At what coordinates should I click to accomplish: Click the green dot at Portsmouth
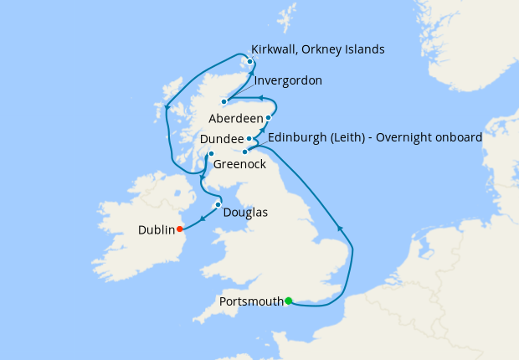pos(288,301)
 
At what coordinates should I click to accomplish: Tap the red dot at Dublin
pos(180,229)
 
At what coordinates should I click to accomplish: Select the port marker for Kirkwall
pos(249,60)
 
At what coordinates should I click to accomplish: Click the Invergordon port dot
pos(224,101)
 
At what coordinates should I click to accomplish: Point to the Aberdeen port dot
pos(268,118)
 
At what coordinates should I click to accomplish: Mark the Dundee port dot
pos(249,138)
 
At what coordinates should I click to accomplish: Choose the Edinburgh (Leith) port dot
pos(244,152)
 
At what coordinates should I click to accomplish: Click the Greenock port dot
pos(211,153)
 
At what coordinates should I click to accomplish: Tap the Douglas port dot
pos(218,204)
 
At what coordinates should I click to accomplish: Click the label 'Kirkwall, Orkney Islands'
pos(318,49)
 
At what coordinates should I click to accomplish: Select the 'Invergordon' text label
pos(288,81)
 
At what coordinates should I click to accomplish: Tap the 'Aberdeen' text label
pos(236,118)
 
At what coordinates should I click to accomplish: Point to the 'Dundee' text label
pos(222,138)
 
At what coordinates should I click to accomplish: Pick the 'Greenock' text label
pos(239,165)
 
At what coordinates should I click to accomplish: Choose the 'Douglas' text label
pos(246,213)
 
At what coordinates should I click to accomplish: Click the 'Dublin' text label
pos(157,229)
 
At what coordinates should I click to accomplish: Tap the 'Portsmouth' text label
pos(249,301)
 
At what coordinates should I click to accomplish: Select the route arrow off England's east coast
pos(339,228)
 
